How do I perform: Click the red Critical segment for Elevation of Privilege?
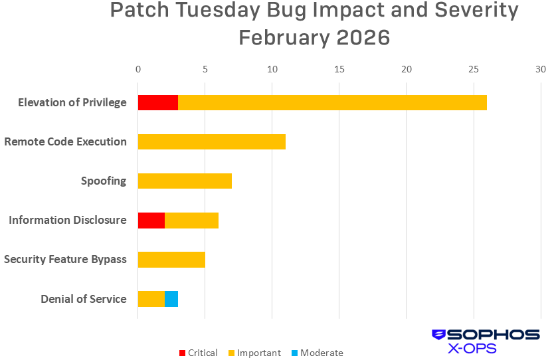pyautogui.click(x=157, y=102)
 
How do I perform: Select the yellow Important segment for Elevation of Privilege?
pyautogui.click(x=332, y=102)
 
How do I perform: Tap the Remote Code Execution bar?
pyautogui.click(x=211, y=141)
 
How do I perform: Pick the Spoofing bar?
pyautogui.click(x=185, y=181)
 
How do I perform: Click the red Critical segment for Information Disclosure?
pyautogui.click(x=151, y=221)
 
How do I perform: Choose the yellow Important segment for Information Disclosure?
pyautogui.click(x=191, y=221)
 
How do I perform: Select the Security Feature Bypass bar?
pyautogui.click(x=171, y=260)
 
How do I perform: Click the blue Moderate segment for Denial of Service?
pyautogui.click(x=171, y=299)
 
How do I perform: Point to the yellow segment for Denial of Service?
pyautogui.click(x=151, y=299)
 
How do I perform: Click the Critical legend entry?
pyautogui.click(x=198, y=353)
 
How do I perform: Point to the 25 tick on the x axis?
pyautogui.click(x=474, y=69)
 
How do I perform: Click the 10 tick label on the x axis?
pyautogui.click(x=272, y=69)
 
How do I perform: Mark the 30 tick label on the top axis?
pyautogui.click(x=541, y=69)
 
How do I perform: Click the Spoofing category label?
pyautogui.click(x=104, y=181)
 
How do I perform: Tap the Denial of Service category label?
pyautogui.click(x=84, y=299)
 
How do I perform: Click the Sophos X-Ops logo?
pyautogui.click(x=486, y=341)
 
